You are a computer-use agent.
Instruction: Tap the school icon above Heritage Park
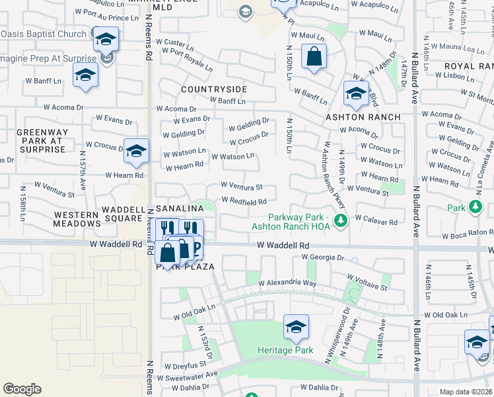click(x=296, y=326)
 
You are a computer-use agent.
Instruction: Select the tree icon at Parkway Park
click(x=340, y=220)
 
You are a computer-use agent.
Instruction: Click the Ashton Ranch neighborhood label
click(x=363, y=117)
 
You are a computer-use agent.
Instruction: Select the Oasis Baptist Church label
click(x=44, y=34)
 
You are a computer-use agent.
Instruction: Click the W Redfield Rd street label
click(x=244, y=201)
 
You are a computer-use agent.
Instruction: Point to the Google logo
click(x=22, y=389)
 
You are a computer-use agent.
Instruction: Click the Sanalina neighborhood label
click(x=180, y=208)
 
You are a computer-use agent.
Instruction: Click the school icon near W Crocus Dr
click(x=136, y=151)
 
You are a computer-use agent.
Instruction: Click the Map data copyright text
click(x=466, y=392)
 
